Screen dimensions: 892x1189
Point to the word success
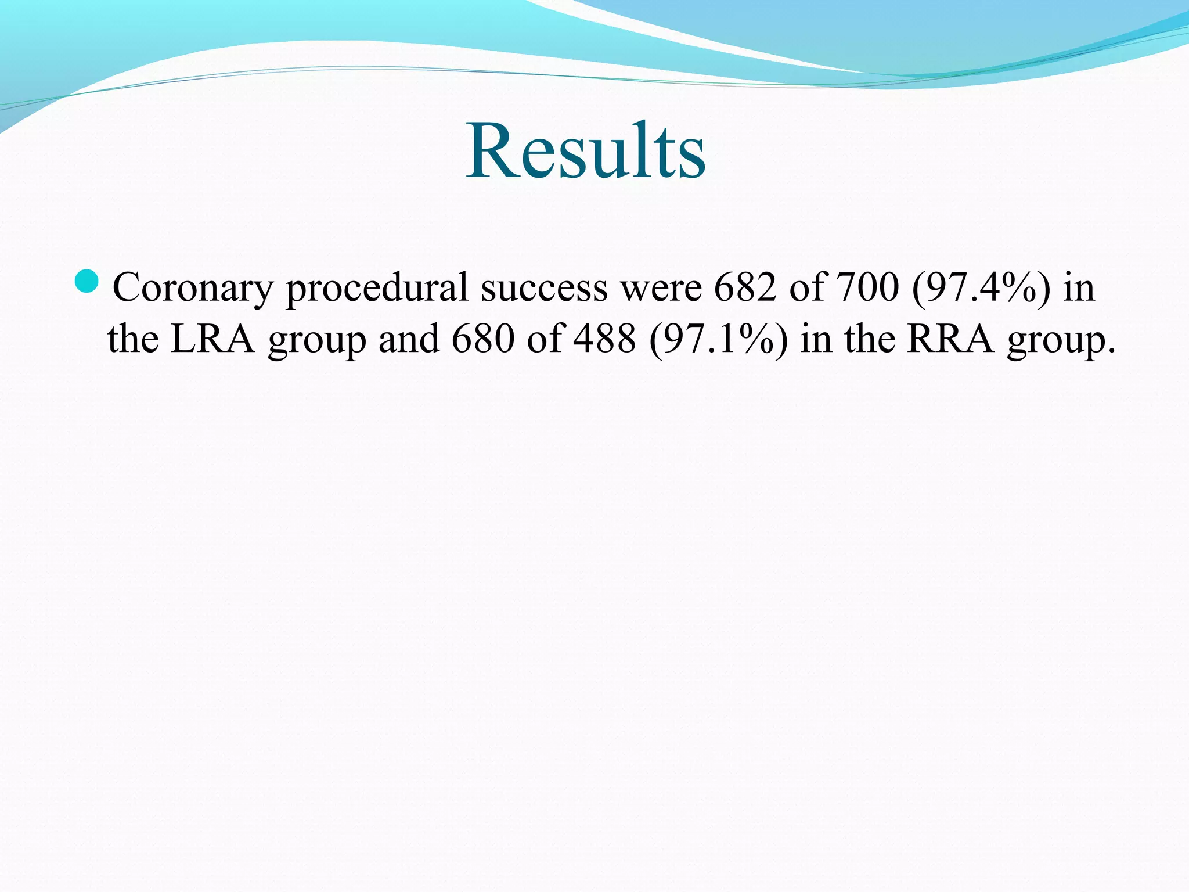544,288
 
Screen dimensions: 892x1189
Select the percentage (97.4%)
981,288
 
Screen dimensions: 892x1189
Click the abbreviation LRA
213,339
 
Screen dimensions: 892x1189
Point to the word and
409,339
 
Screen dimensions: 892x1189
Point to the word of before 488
545,339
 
